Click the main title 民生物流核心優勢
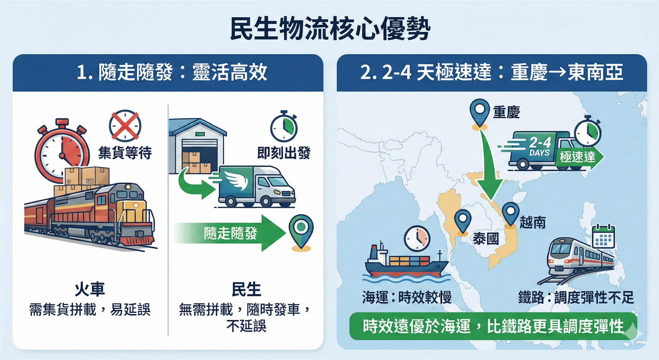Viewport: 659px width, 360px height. tap(330, 29)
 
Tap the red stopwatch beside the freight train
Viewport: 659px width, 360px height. tap(62, 151)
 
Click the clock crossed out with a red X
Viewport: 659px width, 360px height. tap(125, 126)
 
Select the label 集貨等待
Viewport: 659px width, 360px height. tap(125, 153)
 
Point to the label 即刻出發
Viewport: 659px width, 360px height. tap(283, 153)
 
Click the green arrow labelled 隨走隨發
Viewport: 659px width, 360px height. tap(230, 233)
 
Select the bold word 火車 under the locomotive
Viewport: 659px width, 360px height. tap(90, 289)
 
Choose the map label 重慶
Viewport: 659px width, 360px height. tap(507, 112)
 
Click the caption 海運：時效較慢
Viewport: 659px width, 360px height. tap(407, 297)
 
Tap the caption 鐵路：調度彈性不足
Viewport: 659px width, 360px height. tap(576, 297)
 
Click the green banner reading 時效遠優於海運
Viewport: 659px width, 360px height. tap(492, 327)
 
